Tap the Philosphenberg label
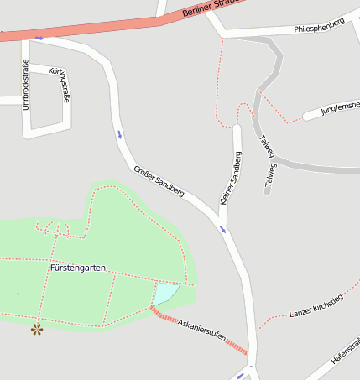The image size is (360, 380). coord(319,29)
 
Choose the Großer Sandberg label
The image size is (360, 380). coord(159,181)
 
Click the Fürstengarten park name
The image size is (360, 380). coord(78,268)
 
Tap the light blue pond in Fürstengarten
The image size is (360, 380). coord(165,294)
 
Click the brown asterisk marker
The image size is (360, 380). coord(37,330)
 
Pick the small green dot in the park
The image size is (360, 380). coord(18,294)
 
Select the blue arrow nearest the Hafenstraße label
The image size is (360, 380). coord(251,367)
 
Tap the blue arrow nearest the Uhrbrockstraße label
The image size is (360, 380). coord(39,38)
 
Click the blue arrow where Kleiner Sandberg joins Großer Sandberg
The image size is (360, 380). coord(222,229)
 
